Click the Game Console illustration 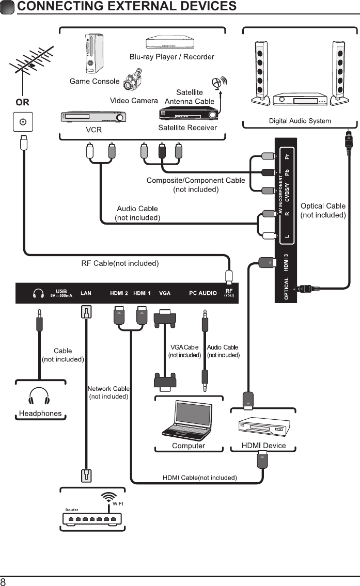(x=91, y=54)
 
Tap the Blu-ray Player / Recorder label (x=171, y=57)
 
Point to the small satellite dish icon (x=220, y=83)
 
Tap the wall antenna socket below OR (x=23, y=122)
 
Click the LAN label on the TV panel (x=86, y=293)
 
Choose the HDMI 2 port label (x=119, y=293)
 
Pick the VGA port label (x=165, y=293)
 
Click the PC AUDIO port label (x=202, y=293)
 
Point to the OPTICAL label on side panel (x=286, y=290)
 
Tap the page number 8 (x=4, y=581)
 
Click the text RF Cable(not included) (x=120, y=263)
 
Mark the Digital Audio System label (x=300, y=121)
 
